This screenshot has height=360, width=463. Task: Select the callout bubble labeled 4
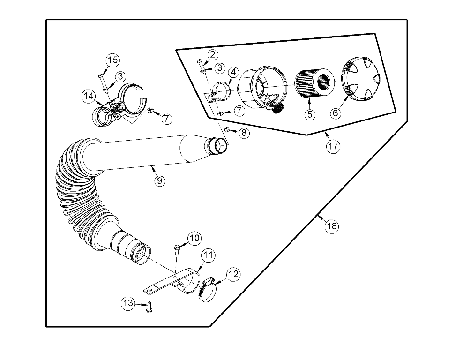point(233,72)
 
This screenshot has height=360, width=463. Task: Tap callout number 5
point(309,114)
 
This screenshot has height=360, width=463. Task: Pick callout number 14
point(88,97)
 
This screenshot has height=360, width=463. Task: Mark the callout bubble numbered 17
point(333,146)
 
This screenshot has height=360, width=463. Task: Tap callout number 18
point(331,226)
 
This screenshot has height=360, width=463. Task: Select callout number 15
point(112,60)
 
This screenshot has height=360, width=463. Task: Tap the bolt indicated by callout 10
point(178,248)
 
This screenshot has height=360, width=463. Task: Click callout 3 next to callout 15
point(120,76)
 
